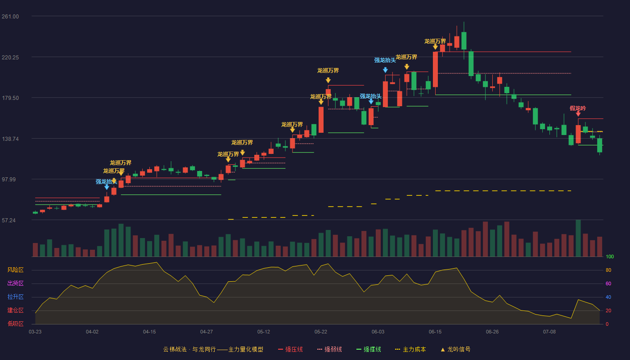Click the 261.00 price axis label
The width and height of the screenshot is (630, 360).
[x=10, y=17]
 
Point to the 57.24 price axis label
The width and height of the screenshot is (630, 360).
[x=9, y=220]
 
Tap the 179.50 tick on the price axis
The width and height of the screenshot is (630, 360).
[x=10, y=98]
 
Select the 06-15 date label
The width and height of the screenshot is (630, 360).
[x=435, y=332]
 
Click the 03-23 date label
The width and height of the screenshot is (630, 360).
[x=35, y=332]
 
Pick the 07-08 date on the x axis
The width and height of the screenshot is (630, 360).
[x=549, y=332]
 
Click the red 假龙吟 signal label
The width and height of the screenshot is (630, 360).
[x=578, y=108]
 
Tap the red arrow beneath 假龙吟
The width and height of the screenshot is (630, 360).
[x=578, y=113]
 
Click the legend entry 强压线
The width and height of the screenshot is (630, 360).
[x=291, y=349]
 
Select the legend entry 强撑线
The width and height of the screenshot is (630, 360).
[x=369, y=349]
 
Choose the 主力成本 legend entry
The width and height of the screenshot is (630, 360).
[x=410, y=349]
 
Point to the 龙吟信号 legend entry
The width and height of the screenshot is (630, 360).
[x=455, y=349]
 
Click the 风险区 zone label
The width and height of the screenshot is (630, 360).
[x=15, y=270]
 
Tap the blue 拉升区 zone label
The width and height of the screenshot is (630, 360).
[x=15, y=297]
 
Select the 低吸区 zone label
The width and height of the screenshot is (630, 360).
[x=15, y=324]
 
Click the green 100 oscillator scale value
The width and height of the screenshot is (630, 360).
[x=610, y=256]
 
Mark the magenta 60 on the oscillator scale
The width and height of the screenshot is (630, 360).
[x=608, y=283]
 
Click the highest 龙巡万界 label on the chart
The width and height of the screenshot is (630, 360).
[x=435, y=41]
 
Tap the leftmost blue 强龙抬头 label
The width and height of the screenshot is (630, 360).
[x=106, y=182]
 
